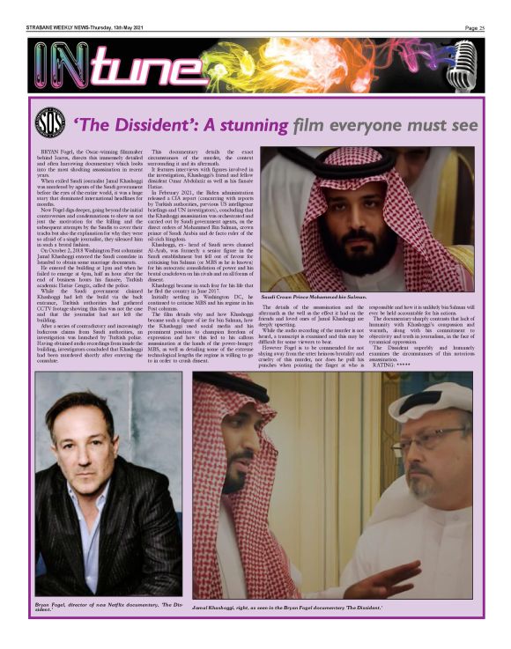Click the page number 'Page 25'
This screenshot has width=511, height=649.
coord(475,27)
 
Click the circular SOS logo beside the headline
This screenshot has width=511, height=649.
coord(50,124)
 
